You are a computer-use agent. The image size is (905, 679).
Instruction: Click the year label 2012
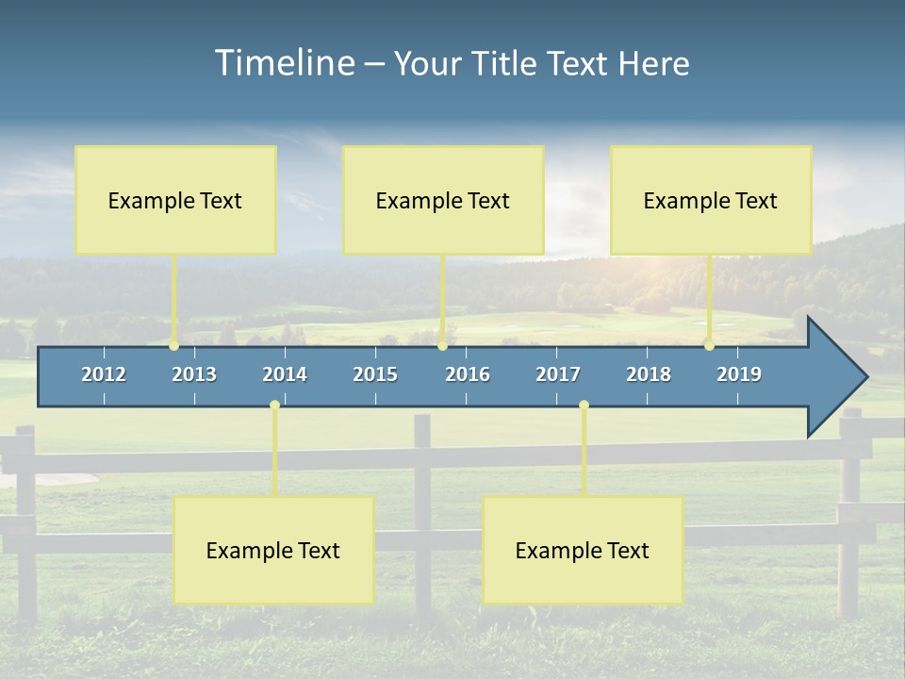pyautogui.click(x=104, y=374)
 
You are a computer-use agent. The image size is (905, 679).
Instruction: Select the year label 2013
pyautogui.click(x=194, y=374)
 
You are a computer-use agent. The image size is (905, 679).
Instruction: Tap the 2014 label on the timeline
pyautogui.click(x=285, y=374)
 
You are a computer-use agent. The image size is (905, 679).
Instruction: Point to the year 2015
pyautogui.click(x=375, y=374)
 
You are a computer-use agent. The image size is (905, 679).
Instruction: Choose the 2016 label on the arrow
pyautogui.click(x=468, y=374)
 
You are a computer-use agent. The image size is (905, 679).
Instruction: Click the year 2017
pyautogui.click(x=558, y=374)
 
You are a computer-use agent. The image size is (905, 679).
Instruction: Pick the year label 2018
pyautogui.click(x=649, y=374)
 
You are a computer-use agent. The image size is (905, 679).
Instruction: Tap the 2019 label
pyautogui.click(x=739, y=374)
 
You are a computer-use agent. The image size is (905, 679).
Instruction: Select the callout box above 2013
pyautogui.click(x=175, y=200)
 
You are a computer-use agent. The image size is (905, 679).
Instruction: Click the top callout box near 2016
pyautogui.click(x=443, y=200)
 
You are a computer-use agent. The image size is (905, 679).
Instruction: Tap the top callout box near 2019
pyautogui.click(x=711, y=200)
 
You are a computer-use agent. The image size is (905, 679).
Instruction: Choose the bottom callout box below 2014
pyautogui.click(x=273, y=550)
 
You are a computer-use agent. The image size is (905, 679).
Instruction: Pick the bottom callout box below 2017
pyautogui.click(x=583, y=550)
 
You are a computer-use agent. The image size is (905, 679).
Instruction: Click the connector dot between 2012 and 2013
pyautogui.click(x=174, y=346)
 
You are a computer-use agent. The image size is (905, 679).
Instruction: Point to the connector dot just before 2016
pyautogui.click(x=442, y=346)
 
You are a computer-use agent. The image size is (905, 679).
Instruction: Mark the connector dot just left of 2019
pyautogui.click(x=709, y=346)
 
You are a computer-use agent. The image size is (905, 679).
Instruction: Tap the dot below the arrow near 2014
pyautogui.click(x=274, y=405)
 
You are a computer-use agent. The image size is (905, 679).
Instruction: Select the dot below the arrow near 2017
pyautogui.click(x=584, y=405)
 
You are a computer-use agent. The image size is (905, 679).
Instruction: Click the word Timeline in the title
pyautogui.click(x=285, y=63)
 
